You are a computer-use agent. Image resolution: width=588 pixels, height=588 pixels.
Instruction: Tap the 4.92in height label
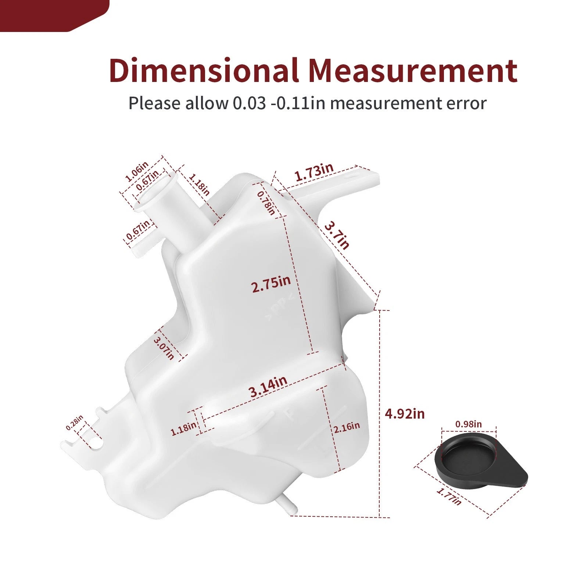[405, 414]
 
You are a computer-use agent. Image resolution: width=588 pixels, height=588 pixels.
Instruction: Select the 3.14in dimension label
[268, 387]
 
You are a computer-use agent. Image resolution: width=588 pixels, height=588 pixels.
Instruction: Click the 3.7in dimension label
[337, 235]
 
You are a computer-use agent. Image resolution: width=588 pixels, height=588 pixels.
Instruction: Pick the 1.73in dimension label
[315, 172]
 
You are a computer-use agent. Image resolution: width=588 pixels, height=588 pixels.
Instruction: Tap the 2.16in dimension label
[347, 427]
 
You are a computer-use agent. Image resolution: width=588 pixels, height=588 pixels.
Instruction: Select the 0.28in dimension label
[75, 423]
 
